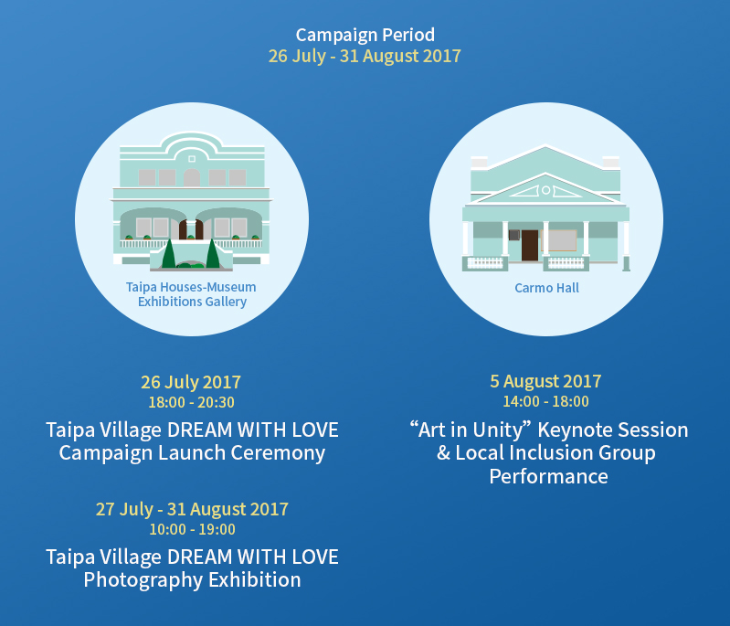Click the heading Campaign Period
[365, 36]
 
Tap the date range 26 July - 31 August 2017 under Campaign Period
[365, 56]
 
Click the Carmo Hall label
[546, 288]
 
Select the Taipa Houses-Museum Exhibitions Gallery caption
[191, 294]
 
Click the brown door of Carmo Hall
[530, 246]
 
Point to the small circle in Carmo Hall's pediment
[546, 190]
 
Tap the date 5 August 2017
[545, 381]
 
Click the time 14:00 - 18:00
[545, 401]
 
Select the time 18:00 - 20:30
[191, 402]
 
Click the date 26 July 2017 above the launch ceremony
[191, 382]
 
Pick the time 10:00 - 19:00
[192, 529]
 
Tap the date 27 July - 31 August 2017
[192, 510]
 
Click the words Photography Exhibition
[192, 580]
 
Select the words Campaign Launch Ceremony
[192, 453]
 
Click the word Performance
[548, 476]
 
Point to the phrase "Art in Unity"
[471, 430]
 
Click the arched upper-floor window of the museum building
[192, 177]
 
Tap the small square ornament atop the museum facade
[192, 159]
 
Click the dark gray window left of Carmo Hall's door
[514, 235]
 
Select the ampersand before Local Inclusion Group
[443, 453]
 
